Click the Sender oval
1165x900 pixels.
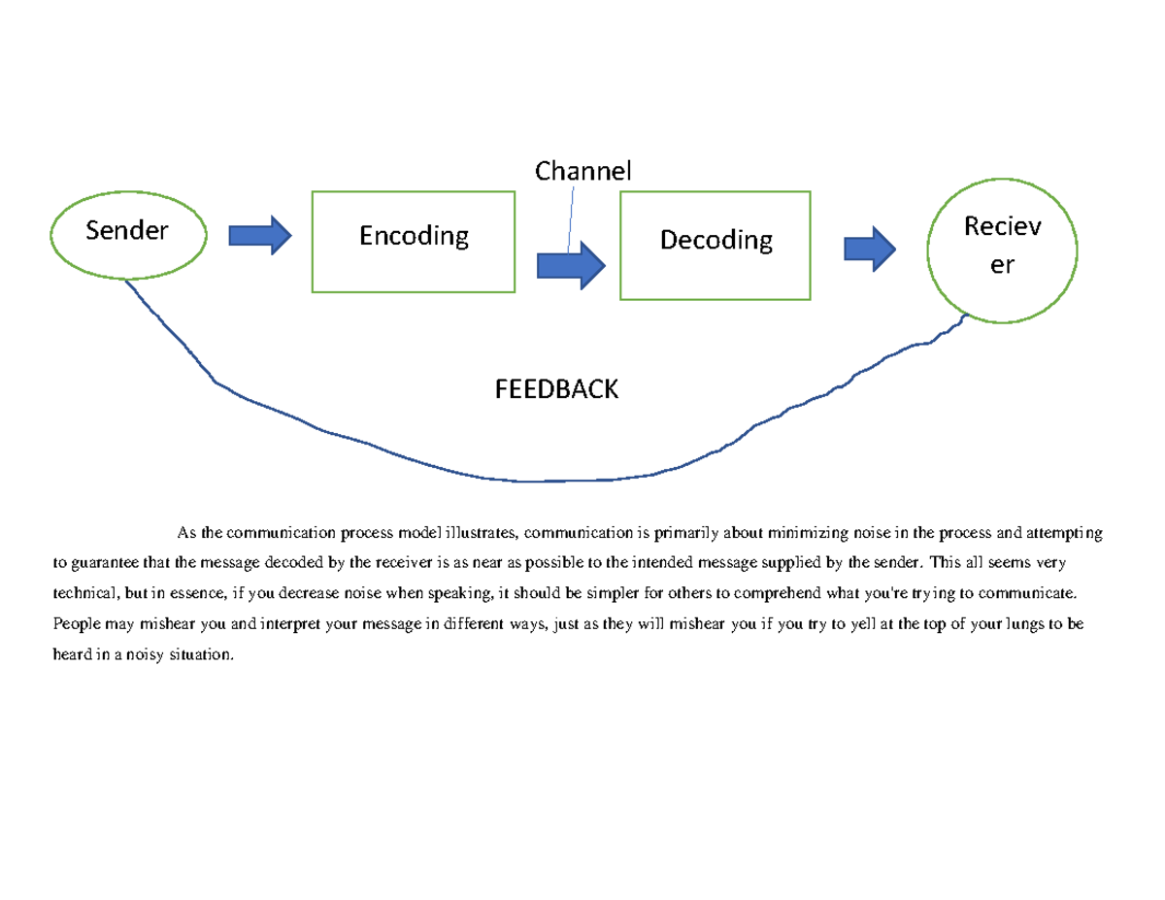127,231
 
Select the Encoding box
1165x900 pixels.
413,241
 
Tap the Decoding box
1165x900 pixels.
716,245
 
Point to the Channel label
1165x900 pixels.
582,172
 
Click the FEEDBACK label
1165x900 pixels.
556,389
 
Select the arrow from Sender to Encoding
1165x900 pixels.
259,234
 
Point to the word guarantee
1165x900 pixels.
110,561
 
